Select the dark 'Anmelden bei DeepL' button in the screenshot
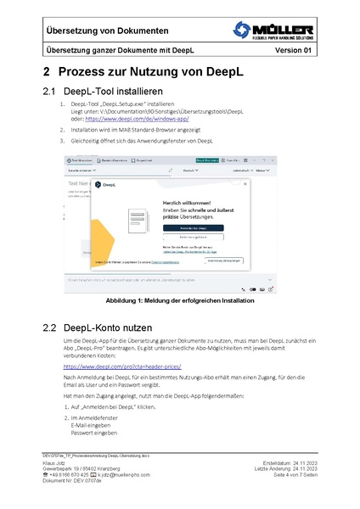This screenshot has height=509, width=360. pos(189,228)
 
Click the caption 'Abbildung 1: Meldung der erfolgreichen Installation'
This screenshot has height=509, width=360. pos(179,302)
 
